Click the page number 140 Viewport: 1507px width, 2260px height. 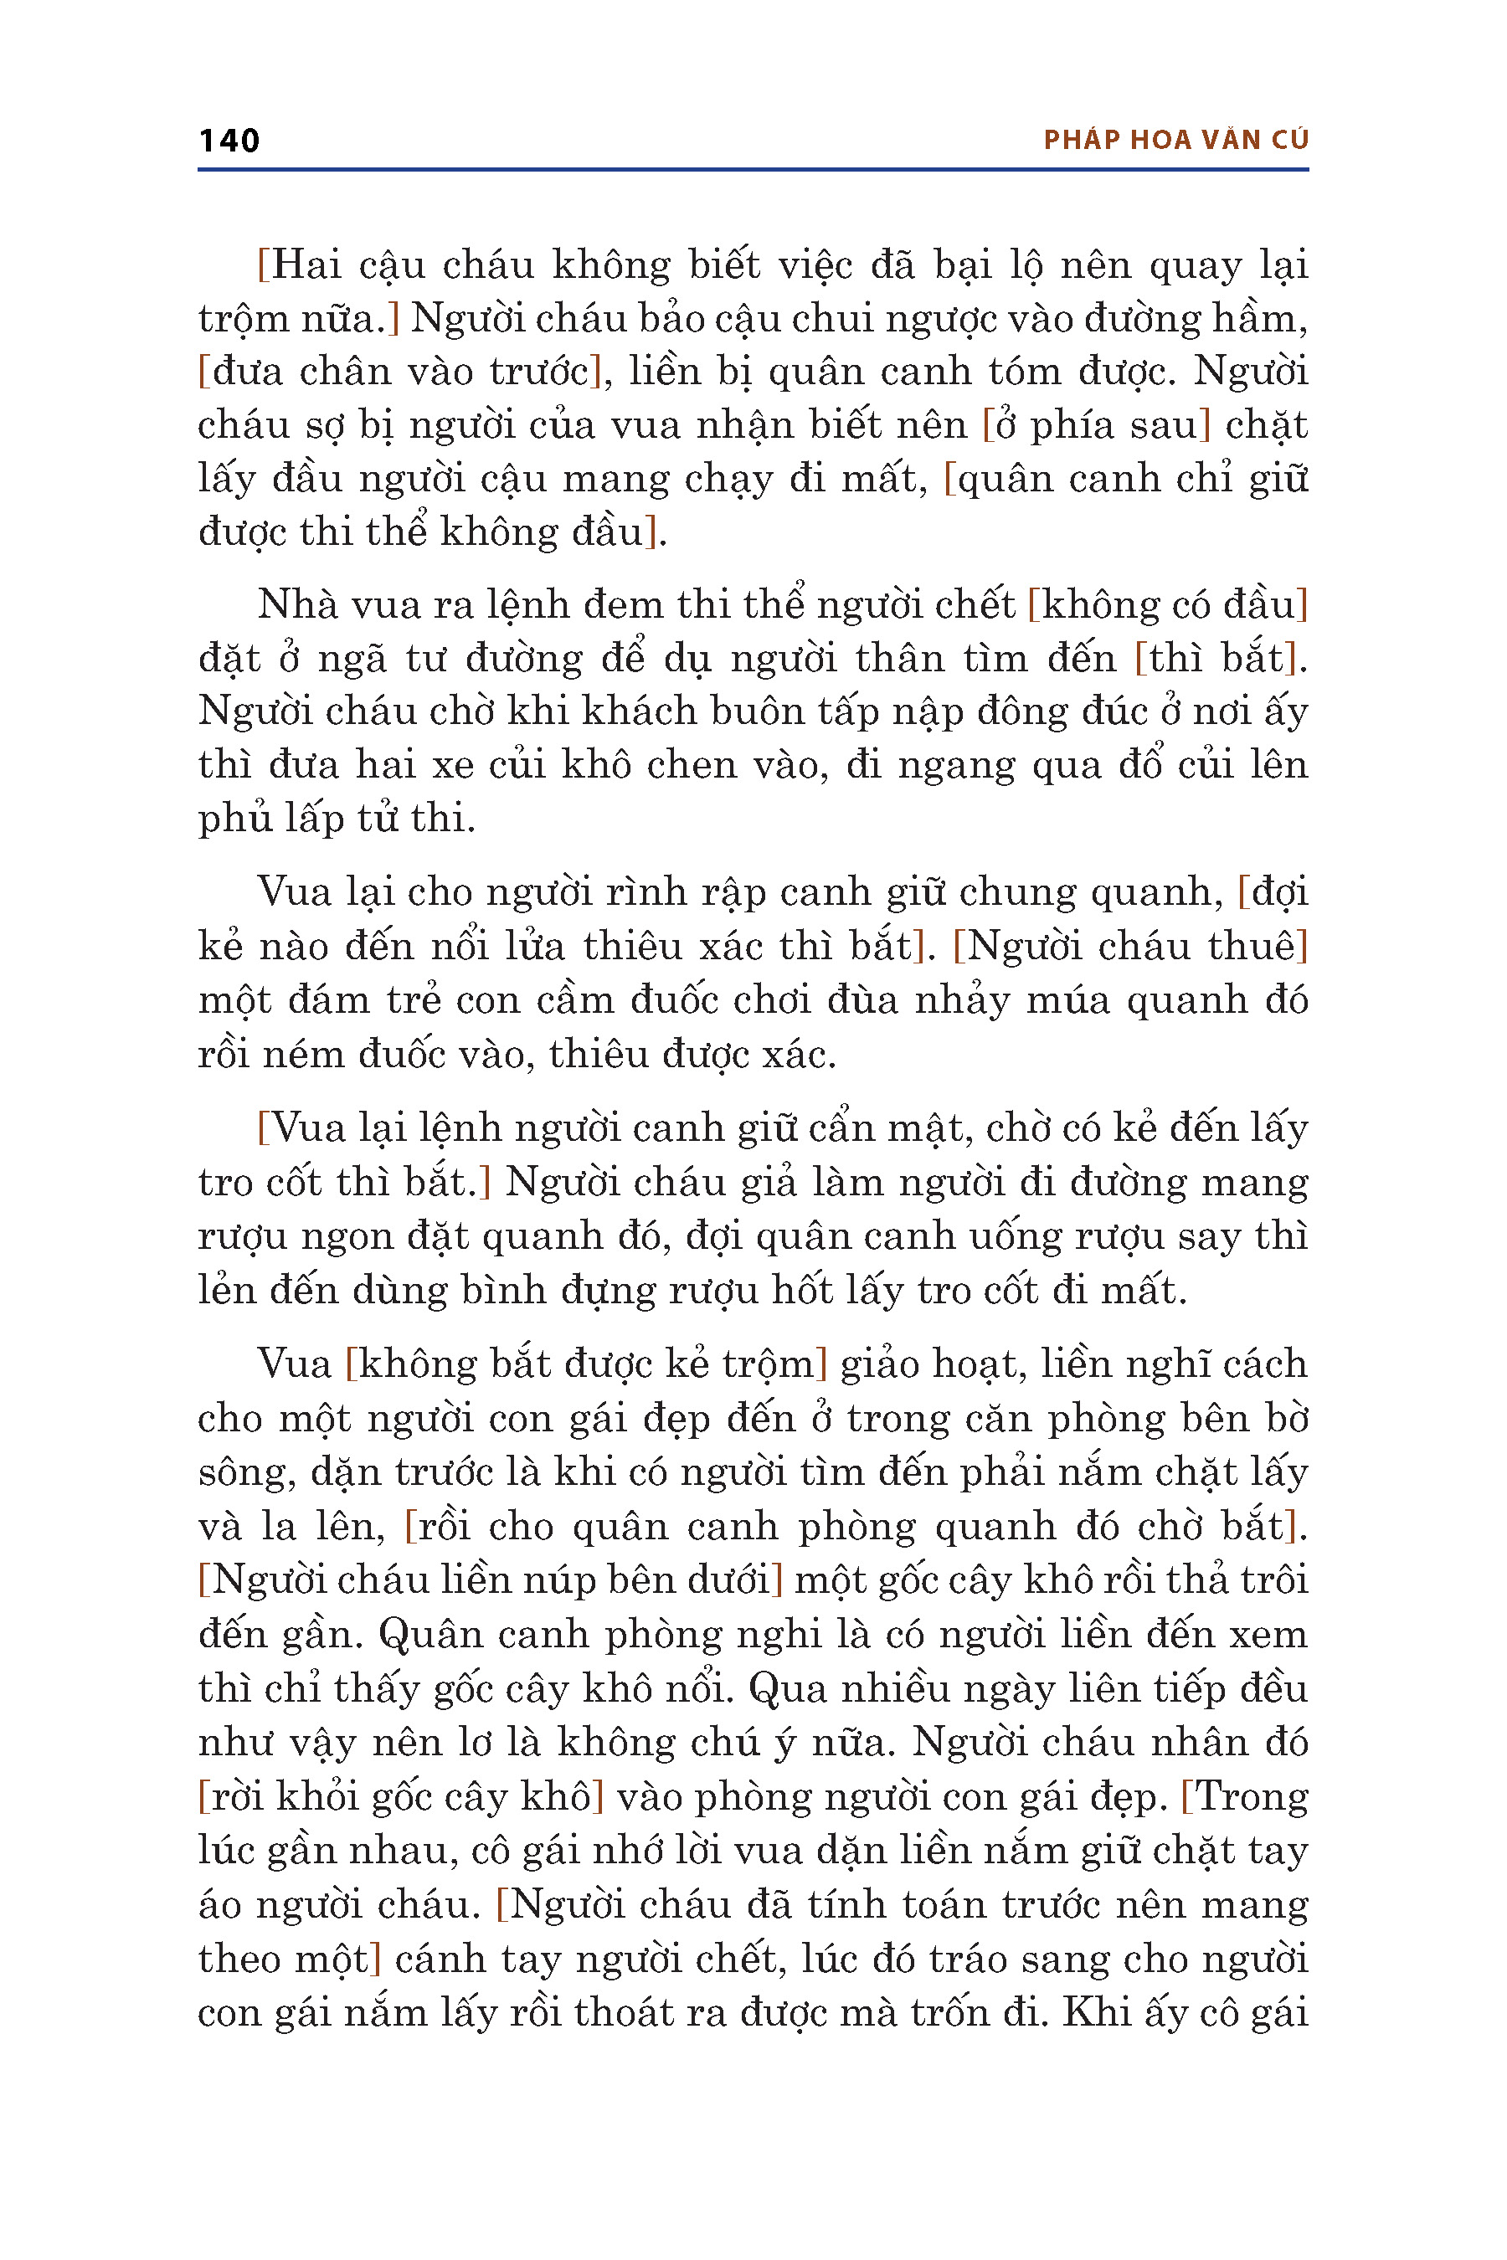[x=229, y=141]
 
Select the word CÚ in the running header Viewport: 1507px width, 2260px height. [x=1290, y=141]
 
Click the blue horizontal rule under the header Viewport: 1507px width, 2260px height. [x=753, y=170]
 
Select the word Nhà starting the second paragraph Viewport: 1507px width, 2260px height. [x=295, y=605]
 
